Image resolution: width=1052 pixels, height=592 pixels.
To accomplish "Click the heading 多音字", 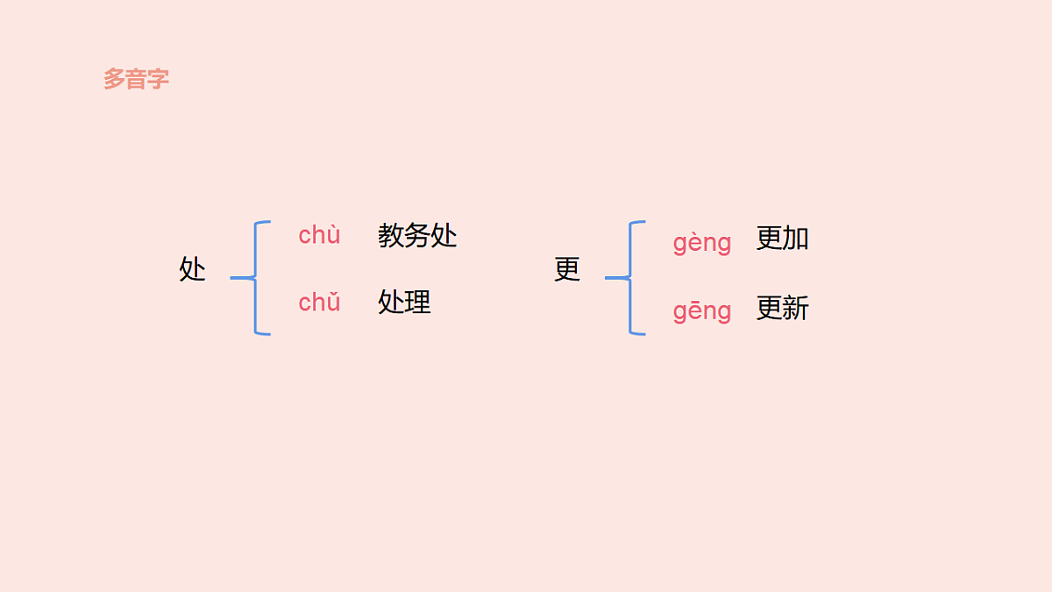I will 136,79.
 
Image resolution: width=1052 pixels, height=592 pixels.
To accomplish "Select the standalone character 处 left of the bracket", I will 192,269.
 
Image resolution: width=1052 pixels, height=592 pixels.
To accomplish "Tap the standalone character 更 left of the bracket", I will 567,269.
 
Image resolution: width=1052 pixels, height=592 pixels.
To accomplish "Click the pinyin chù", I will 319,236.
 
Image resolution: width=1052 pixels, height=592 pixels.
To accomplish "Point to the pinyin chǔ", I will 319,303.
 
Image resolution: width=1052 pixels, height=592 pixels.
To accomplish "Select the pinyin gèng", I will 701,243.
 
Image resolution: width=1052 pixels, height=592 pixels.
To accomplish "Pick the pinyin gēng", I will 701,311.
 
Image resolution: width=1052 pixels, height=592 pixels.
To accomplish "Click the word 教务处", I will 417,236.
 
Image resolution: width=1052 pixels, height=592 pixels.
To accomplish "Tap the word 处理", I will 404,303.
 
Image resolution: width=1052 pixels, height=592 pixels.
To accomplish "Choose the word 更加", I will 782,239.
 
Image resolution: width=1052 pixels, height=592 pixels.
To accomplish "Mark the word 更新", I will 782,309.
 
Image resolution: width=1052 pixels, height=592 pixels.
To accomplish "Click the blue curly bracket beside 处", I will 255,278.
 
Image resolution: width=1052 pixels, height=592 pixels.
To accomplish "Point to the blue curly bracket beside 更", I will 630,278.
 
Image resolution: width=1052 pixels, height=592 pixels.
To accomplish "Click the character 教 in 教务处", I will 391,236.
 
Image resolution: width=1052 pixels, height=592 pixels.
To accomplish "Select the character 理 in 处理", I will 417,303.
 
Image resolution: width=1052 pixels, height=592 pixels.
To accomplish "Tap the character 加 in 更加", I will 795,239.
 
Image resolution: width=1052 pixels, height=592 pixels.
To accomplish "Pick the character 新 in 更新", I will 795,309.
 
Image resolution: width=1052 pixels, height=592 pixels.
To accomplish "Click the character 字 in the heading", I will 158,79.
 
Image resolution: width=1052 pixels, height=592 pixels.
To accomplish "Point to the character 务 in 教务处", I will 417,236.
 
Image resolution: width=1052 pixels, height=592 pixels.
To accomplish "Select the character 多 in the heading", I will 114,79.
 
